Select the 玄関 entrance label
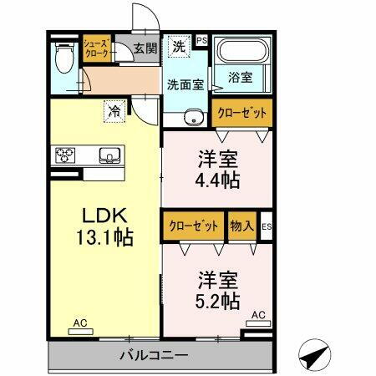coord(145,48)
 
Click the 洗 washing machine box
coord(178,47)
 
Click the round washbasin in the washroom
coord(195,116)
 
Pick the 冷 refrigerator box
coord(112,109)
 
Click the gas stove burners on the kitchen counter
coord(66,154)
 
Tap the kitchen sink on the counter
coord(107,154)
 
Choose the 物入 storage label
coord(242,226)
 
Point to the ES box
coord(267,226)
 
